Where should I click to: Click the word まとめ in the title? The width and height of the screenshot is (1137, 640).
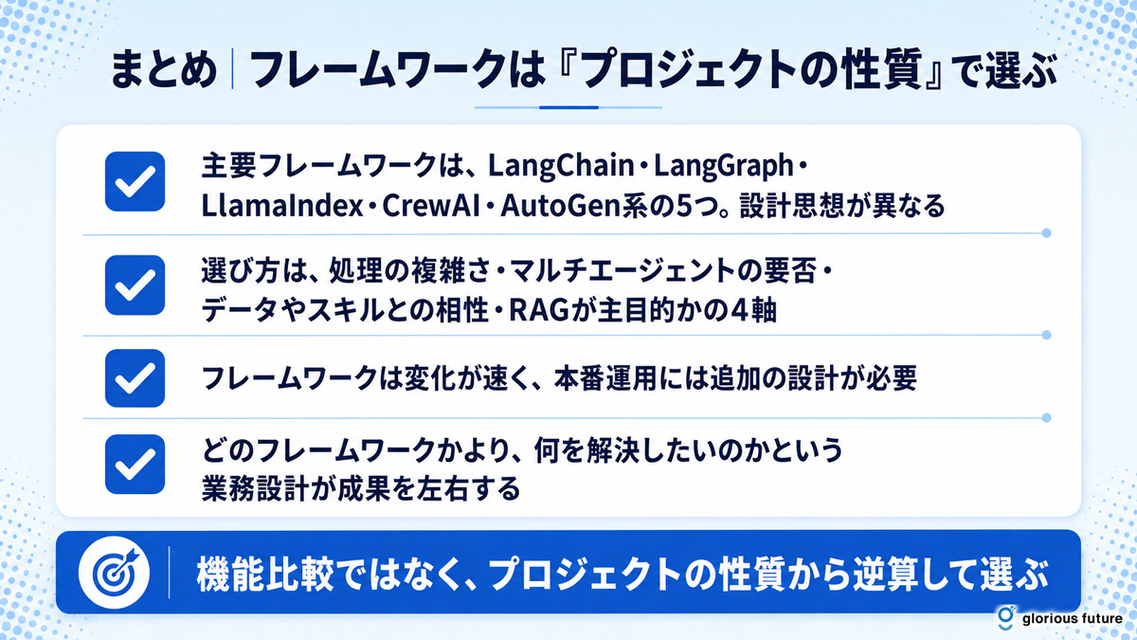pos(164,70)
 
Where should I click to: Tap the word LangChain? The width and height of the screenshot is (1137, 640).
pos(561,167)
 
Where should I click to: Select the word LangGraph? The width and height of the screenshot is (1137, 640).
pos(724,167)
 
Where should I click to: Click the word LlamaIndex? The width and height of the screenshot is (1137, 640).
pos(282,206)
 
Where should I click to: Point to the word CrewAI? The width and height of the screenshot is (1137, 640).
pos(431,206)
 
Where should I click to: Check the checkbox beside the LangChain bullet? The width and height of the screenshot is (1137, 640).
pos(135,181)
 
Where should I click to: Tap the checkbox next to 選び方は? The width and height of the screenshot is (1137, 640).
pos(135,285)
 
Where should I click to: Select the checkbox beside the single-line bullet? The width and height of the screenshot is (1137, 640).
pos(135,378)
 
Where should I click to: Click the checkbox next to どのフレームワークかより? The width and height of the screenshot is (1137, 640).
pos(135,464)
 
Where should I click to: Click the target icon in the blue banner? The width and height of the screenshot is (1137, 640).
pos(115,573)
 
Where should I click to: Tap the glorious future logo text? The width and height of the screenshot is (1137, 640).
pos(1072,618)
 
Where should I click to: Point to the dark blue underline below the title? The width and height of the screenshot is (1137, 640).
pos(568,108)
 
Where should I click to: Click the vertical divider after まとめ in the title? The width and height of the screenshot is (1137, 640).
pos(232,69)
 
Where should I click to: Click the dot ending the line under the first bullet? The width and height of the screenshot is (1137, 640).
pos(1046,233)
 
